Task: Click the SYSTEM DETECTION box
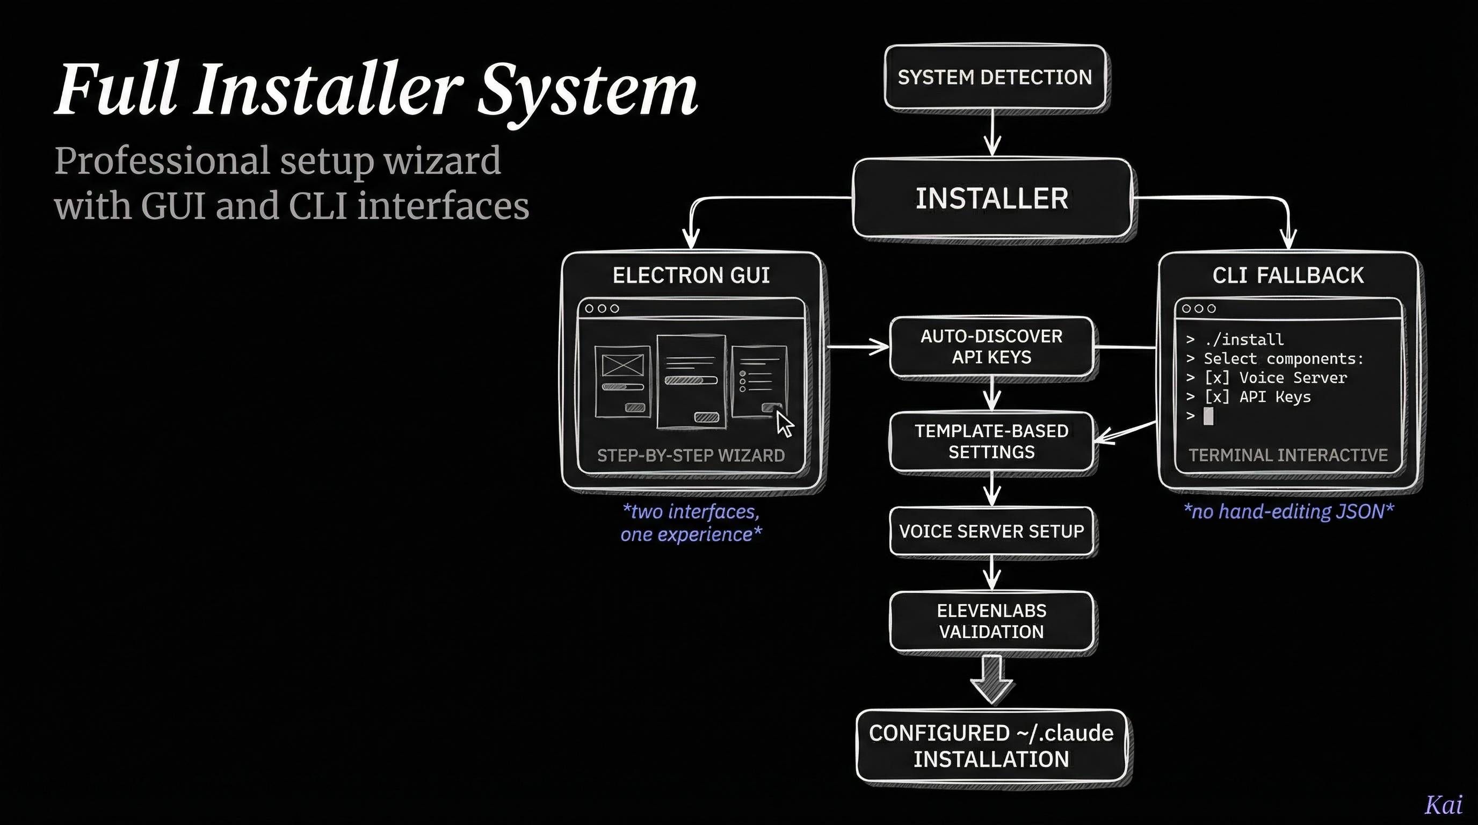pos(994,77)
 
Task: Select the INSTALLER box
pos(991,199)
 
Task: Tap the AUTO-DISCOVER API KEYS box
pos(991,346)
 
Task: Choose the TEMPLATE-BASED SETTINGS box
pos(991,441)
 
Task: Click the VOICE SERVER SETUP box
pos(991,531)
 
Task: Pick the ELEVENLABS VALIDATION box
pos(991,621)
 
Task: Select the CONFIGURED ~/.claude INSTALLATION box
pos(991,746)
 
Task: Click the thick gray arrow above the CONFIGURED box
pos(991,680)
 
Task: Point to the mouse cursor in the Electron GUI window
pos(784,424)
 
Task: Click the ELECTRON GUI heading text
pos(691,276)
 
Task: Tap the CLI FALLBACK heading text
pos(1288,276)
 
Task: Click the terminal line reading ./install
pos(1244,339)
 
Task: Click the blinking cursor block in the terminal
pos(1208,416)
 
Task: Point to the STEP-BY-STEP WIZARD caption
pos(691,455)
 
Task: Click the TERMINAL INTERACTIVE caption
pos(1288,455)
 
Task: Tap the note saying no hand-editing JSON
pos(1288,511)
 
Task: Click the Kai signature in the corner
pos(1444,805)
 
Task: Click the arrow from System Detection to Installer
pos(992,133)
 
